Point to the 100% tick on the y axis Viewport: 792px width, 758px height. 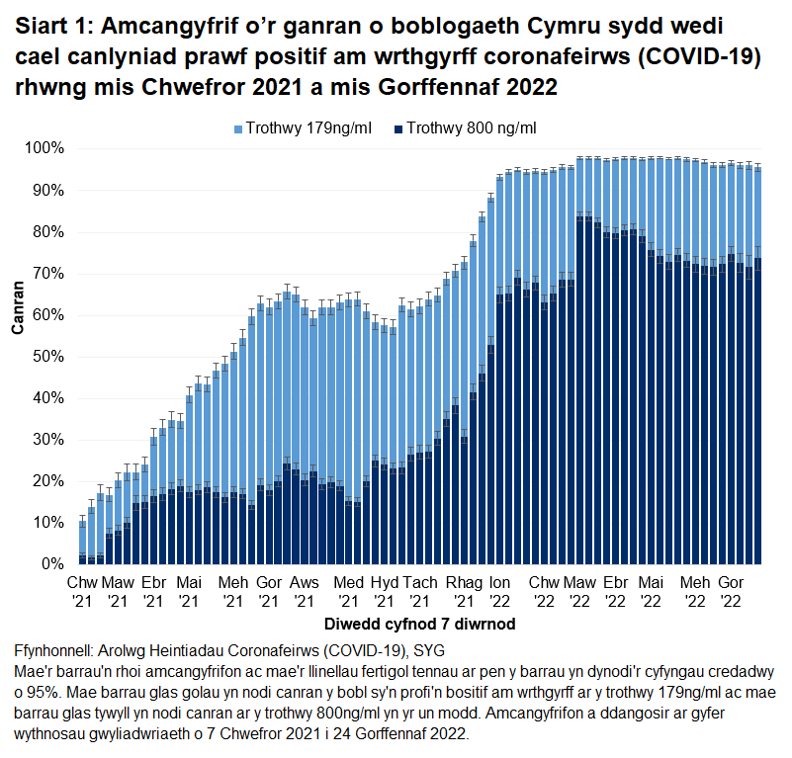[x=45, y=148]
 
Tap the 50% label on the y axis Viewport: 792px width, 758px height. [x=49, y=356]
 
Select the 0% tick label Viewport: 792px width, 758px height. [x=53, y=564]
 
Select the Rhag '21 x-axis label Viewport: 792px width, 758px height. [x=463, y=591]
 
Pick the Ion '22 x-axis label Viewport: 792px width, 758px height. [x=499, y=591]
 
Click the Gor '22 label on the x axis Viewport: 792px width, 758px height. [x=731, y=591]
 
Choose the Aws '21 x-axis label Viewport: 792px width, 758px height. [x=305, y=591]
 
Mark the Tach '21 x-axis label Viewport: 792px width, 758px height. [x=419, y=591]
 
